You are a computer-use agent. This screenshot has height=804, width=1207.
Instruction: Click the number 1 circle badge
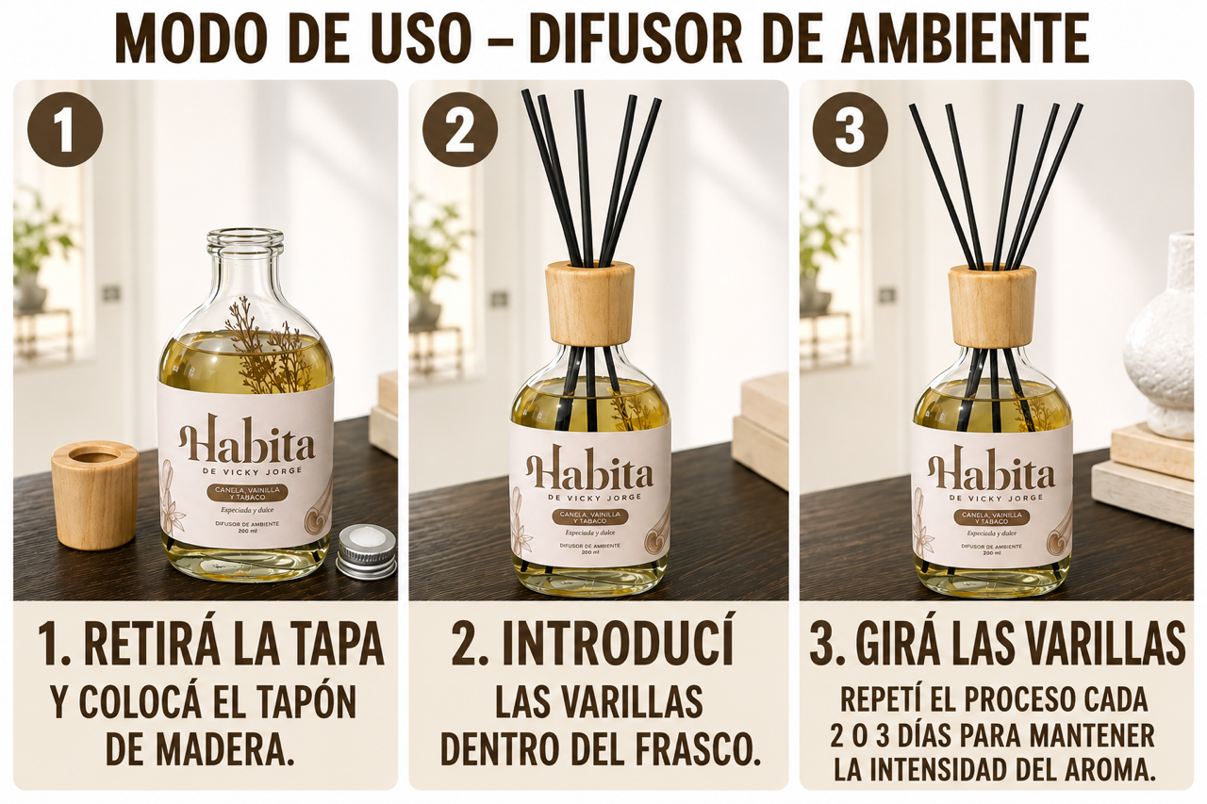tap(65, 128)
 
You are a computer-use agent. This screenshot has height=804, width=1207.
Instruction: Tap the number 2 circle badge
tap(459, 128)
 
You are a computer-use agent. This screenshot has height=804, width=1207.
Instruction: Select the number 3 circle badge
tap(851, 128)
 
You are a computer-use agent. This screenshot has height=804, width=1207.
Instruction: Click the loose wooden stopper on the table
tap(95, 494)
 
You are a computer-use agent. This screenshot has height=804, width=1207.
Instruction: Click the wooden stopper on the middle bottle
tap(589, 303)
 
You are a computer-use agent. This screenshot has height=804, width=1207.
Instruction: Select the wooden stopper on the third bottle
tap(992, 305)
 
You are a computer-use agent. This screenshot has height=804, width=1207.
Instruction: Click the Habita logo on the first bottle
tap(246, 440)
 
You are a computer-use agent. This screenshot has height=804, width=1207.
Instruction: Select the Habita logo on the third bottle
tap(991, 468)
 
